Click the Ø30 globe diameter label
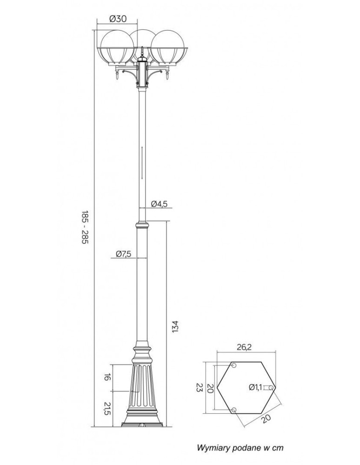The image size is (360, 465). click(x=118, y=19)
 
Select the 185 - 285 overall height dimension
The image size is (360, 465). click(x=85, y=229)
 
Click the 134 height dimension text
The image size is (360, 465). click(x=175, y=326)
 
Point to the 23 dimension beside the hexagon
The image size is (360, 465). click(x=200, y=387)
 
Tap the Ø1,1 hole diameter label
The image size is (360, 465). click(x=256, y=387)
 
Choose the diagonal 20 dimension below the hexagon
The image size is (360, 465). click(x=266, y=418)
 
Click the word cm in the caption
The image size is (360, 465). click(x=278, y=448)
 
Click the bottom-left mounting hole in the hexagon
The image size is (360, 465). click(x=233, y=409)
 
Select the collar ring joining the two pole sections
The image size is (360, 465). click(x=142, y=226)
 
